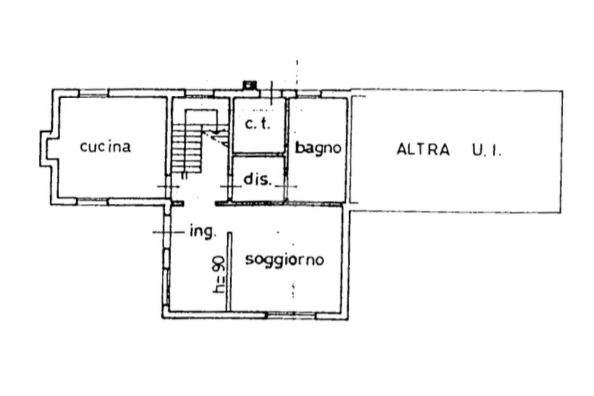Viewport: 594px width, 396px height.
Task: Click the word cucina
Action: click(106, 147)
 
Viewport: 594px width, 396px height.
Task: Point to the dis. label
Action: click(257, 179)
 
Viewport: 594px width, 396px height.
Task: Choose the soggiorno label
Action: click(284, 260)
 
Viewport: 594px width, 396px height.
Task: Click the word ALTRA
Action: click(423, 149)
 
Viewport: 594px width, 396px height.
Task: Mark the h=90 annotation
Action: click(219, 275)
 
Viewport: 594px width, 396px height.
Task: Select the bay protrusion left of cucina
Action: click(46, 149)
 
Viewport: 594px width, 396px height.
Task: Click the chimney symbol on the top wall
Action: click(250, 85)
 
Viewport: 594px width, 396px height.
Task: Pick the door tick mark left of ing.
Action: click(163, 232)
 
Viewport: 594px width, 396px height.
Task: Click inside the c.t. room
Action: click(259, 139)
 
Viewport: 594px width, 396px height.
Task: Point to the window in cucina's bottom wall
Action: click(92, 201)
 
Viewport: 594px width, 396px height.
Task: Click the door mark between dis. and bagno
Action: click(287, 186)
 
